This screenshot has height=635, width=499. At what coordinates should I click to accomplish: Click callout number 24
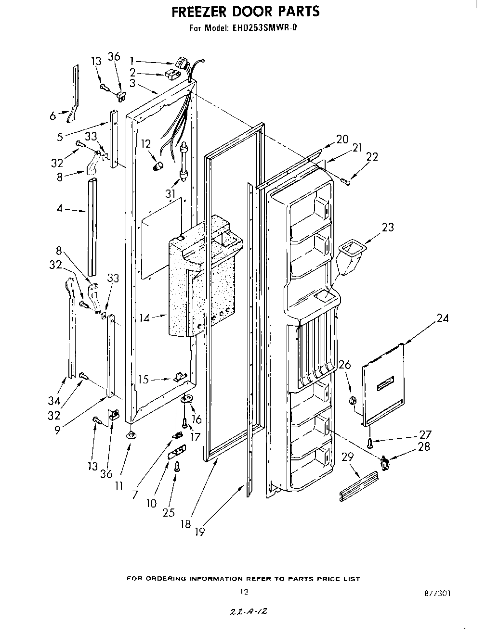click(x=442, y=317)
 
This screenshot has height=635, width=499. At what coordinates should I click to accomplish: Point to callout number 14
click(x=145, y=317)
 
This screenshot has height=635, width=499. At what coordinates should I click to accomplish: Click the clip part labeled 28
click(x=385, y=463)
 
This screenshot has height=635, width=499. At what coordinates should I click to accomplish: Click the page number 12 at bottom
click(x=244, y=592)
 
